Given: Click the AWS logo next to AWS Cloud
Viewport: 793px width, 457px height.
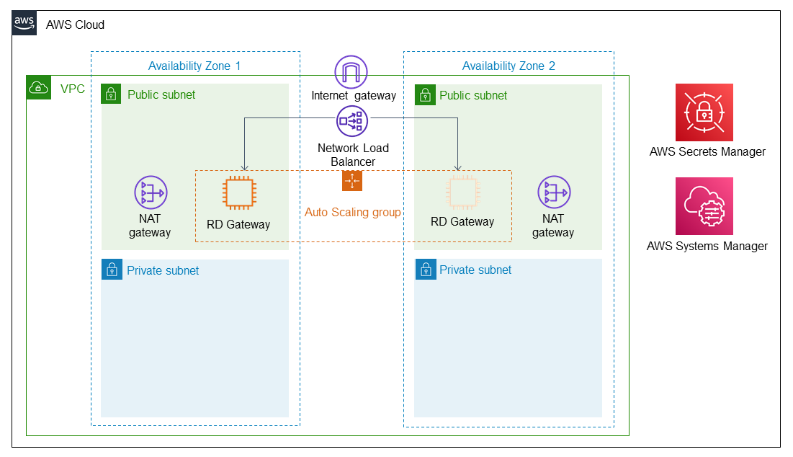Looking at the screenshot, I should click(24, 24).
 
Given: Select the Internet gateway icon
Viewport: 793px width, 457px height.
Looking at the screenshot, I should click(351, 72).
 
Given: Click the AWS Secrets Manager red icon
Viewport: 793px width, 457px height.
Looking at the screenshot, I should click(704, 112).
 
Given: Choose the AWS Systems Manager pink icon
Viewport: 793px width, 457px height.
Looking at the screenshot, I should click(704, 206).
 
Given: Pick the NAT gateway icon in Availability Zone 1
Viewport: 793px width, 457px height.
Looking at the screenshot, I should click(151, 192).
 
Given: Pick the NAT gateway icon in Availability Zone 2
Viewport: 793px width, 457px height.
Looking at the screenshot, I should click(554, 192).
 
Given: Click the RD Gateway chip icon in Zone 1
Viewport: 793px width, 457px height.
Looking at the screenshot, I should click(238, 193).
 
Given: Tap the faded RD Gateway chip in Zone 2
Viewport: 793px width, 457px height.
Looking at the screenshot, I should click(462, 193).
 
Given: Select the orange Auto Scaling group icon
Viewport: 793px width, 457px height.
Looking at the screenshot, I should click(352, 181).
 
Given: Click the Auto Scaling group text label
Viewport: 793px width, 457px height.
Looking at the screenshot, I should click(353, 213).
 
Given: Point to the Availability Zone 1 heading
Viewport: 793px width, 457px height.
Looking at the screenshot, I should click(194, 66).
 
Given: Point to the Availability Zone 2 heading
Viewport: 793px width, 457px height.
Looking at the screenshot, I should click(508, 66).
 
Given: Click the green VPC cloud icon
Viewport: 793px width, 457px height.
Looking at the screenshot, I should click(37, 88).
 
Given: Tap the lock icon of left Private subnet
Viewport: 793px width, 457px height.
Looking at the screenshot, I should click(112, 270).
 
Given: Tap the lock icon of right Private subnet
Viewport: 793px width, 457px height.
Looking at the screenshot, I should click(425, 270).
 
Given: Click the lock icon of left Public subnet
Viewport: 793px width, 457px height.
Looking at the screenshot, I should click(111, 94).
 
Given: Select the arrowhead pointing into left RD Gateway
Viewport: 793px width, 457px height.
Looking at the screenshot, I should click(245, 167).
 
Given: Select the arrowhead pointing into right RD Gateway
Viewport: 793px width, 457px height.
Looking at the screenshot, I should click(458, 167).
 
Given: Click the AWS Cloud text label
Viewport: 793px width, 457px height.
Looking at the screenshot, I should click(75, 25).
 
